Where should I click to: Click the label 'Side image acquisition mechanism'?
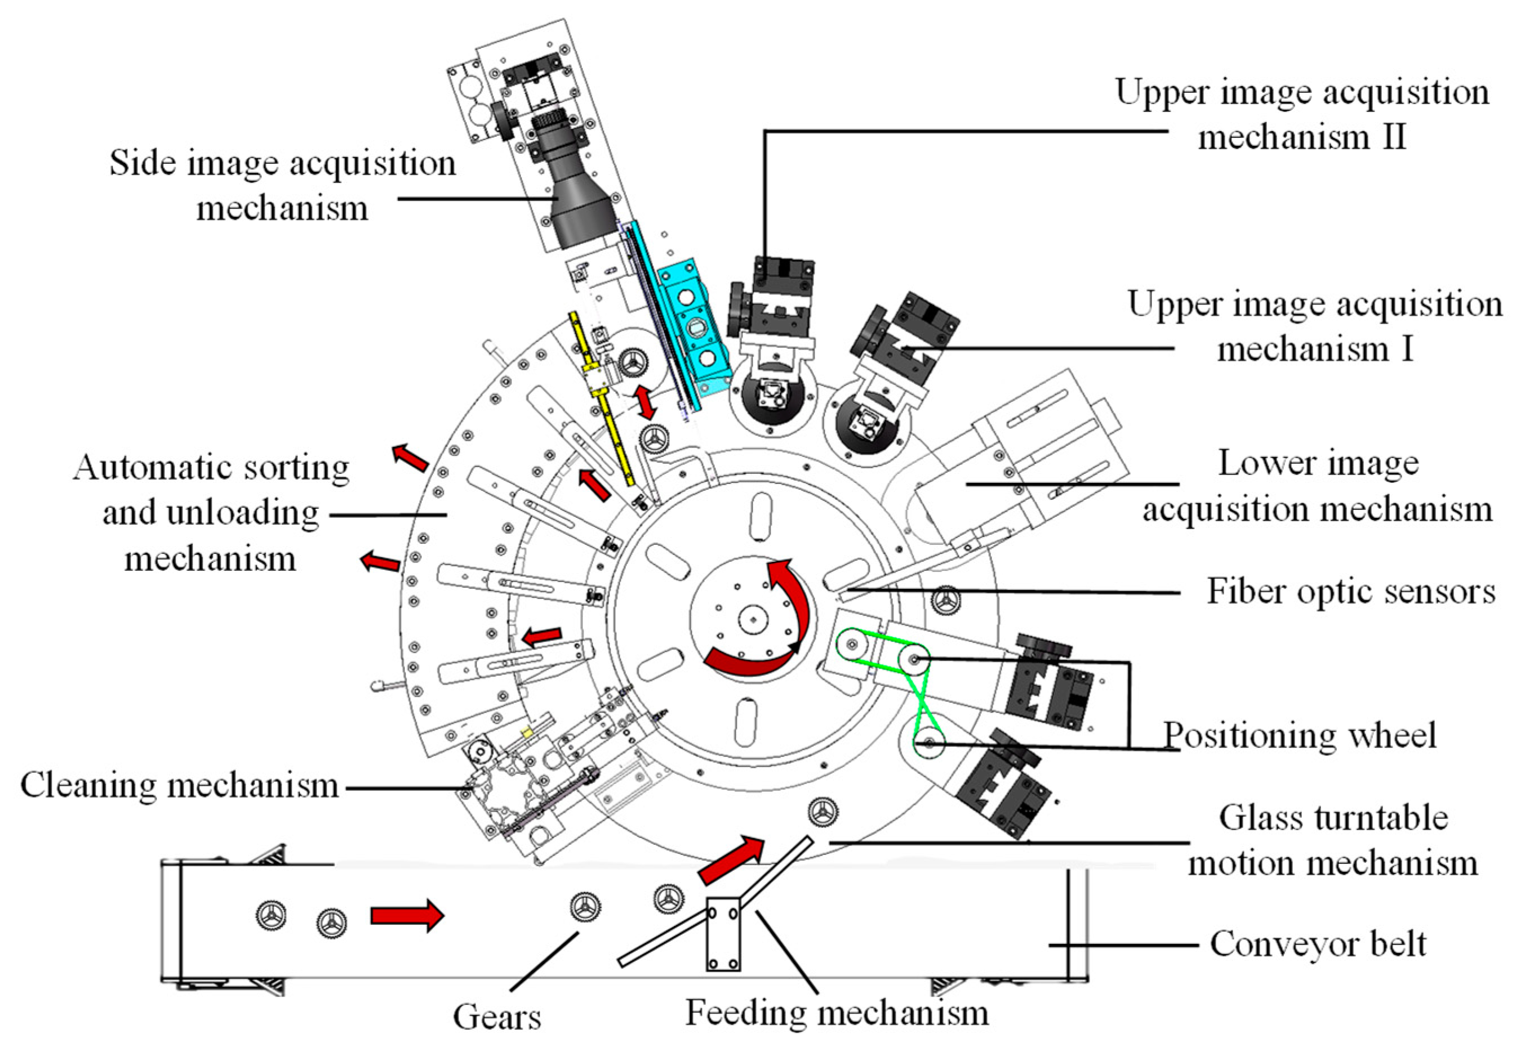point(282,185)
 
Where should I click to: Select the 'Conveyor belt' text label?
point(1318,944)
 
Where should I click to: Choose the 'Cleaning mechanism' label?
point(180,786)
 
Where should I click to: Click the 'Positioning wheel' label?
point(1300,734)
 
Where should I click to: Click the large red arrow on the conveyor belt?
point(406,915)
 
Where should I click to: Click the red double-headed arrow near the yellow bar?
point(644,402)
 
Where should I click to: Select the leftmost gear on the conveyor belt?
point(271,915)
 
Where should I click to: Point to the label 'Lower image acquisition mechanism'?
point(1317,487)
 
